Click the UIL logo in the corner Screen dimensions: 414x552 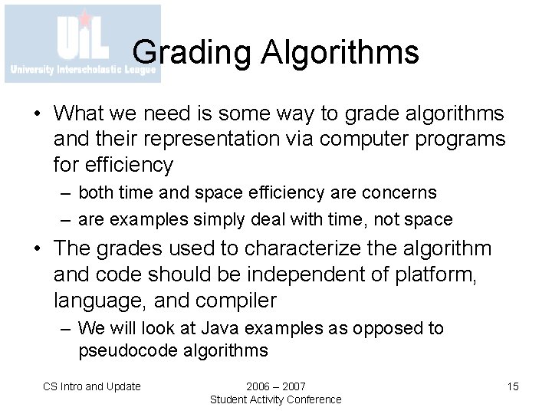(83, 44)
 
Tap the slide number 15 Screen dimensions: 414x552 (513, 386)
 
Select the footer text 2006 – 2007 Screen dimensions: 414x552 (276, 386)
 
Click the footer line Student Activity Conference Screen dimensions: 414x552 (276, 399)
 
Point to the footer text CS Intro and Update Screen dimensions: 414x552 (91, 386)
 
